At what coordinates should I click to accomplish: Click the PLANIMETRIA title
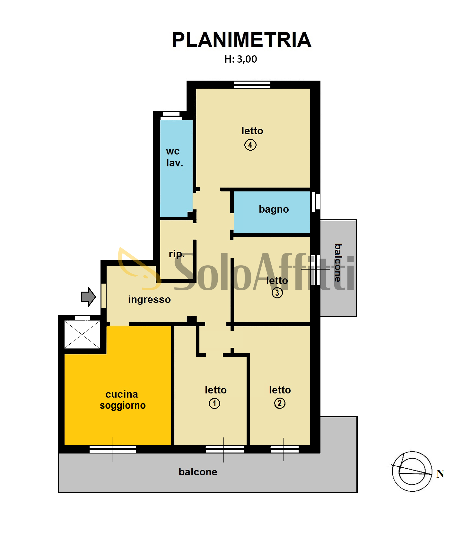coord(241,40)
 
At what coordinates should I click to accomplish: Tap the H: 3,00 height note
coord(240,59)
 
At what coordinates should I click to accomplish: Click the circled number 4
coord(250,145)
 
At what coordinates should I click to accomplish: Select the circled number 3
coord(277,293)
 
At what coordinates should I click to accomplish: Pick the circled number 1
coord(214,403)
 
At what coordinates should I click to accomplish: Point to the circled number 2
coord(280,403)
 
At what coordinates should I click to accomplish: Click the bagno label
coord(274,209)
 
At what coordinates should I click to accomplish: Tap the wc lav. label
coord(174,157)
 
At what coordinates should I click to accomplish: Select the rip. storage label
coord(177,254)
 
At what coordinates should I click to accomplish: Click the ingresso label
coord(149,299)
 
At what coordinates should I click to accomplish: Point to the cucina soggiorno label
coord(123,400)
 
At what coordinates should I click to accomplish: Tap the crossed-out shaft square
coord(83,334)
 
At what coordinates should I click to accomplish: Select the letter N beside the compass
coord(440,474)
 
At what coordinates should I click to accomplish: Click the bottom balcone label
coord(198,472)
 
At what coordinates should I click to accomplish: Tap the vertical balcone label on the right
coord(338,263)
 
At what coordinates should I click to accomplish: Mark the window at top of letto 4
coord(252,84)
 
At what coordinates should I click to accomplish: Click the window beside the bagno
coord(316,202)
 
